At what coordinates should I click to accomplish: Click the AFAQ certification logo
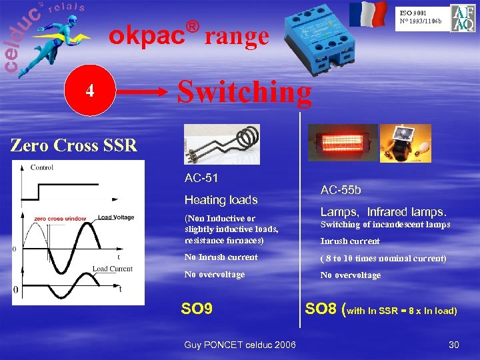463,18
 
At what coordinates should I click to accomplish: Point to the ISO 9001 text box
420,16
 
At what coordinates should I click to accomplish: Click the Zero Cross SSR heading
73,144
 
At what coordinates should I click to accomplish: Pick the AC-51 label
201,178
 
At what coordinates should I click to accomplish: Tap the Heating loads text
221,200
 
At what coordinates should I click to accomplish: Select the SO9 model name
197,309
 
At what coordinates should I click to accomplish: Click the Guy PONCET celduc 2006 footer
240,343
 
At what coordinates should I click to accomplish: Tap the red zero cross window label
61,218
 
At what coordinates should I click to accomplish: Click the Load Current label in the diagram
113,269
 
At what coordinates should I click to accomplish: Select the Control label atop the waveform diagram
42,167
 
